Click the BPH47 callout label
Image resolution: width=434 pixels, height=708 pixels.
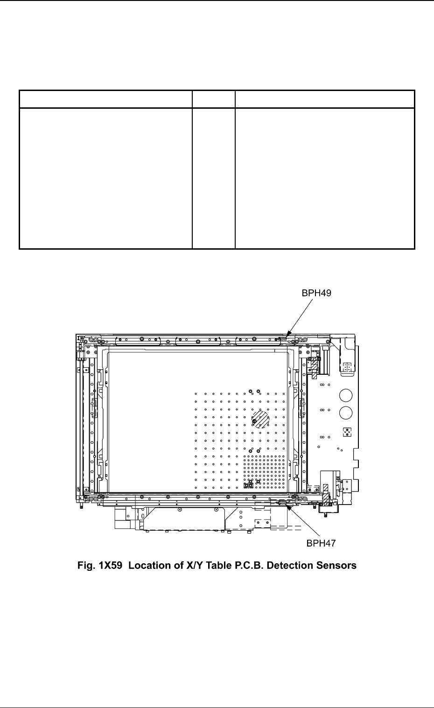tap(322, 543)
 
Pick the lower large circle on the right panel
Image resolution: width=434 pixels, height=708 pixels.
tap(346, 414)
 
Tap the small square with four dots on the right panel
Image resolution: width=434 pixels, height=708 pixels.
tap(346, 432)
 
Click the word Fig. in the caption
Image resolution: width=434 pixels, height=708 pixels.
tap(86, 566)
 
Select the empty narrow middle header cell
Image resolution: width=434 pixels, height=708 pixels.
tap(214, 99)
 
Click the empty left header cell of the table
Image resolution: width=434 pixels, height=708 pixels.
tap(105, 99)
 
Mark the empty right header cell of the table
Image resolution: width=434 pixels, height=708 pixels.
tap(325, 99)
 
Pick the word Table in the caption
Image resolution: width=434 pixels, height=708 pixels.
tap(214, 566)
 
